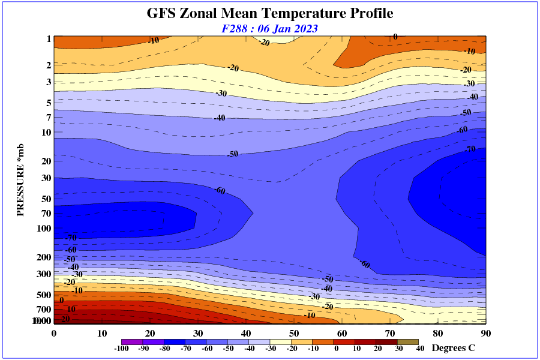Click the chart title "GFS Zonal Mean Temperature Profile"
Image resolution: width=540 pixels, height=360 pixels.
pyautogui.click(x=270, y=13)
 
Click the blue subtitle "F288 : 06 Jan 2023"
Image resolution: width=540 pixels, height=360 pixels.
pyautogui.click(x=269, y=28)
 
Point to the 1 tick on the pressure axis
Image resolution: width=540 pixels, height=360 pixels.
pyautogui.click(x=48, y=39)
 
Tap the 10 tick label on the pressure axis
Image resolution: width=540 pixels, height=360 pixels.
pyautogui.click(x=46, y=132)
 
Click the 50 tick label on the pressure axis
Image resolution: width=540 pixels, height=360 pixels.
pyautogui.click(x=46, y=199)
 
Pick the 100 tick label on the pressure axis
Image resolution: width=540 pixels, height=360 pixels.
pyautogui.click(x=44, y=229)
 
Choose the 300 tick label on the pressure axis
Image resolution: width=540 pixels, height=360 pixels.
pyautogui.click(x=44, y=274)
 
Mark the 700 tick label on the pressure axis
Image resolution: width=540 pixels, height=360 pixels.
pyautogui.click(x=44, y=310)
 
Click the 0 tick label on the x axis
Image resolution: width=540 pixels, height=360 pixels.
pyautogui.click(x=54, y=333)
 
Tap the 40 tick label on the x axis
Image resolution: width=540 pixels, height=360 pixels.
pyautogui.click(x=246, y=333)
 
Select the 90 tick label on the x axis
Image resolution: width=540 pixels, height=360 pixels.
pyautogui.click(x=486, y=333)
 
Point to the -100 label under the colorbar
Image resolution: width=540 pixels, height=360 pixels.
pyautogui.click(x=121, y=349)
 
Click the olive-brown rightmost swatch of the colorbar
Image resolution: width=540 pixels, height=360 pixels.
pyautogui.click(x=408, y=341)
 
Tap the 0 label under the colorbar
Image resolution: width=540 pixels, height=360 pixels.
pyautogui.click(x=336, y=349)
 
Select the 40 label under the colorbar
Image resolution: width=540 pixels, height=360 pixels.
pyautogui.click(x=420, y=349)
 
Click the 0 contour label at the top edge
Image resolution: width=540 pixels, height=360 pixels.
pyautogui.click(x=395, y=37)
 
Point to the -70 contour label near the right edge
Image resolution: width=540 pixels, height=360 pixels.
pyautogui.click(x=470, y=148)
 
